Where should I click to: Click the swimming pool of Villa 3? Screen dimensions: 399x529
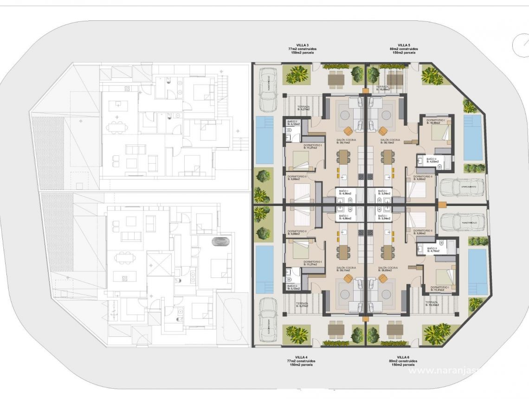pos(264,140)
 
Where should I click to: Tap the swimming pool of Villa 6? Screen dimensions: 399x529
pos(477,272)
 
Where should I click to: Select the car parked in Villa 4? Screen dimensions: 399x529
pos(268,320)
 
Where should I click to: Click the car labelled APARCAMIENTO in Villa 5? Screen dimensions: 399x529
pos(462,187)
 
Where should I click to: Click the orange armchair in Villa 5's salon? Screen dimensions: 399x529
pos(383,131)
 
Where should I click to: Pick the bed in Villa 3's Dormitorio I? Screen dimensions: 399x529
pos(300,160)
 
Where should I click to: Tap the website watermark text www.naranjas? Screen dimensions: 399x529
pos(445,370)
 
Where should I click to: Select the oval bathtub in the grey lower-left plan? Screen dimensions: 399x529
pos(221,242)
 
